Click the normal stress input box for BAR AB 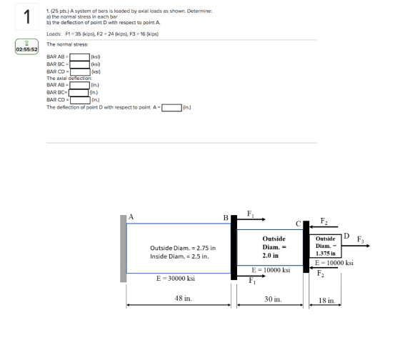[x=80, y=57]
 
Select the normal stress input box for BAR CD [x=80, y=72]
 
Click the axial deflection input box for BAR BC [x=79, y=93]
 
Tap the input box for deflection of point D [x=172, y=108]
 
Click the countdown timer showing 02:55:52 [x=27, y=46]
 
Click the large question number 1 [x=27, y=17]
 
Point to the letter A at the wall [x=131, y=217]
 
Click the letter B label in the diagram [x=226, y=218]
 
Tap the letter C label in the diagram [x=299, y=224]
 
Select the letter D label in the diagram [x=346, y=236]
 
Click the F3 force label [x=360, y=239]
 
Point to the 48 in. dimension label [x=183, y=298]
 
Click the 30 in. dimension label [x=273, y=299]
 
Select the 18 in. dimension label [x=327, y=301]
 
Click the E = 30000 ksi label [x=176, y=279]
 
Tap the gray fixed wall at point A [x=123, y=249]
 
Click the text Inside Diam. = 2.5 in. [x=179, y=256]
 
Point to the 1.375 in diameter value [x=325, y=254]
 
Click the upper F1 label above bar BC [x=251, y=214]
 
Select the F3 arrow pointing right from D [x=356, y=246]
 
